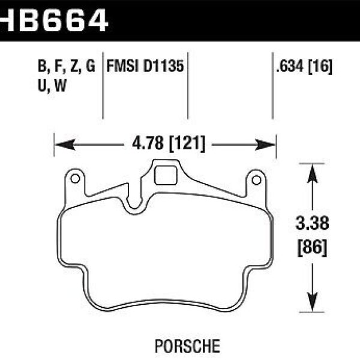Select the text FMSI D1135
click(x=145, y=66)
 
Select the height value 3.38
click(x=312, y=224)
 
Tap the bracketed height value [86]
click(x=312, y=246)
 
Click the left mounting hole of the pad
click(x=75, y=179)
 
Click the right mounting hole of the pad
click(x=256, y=179)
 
